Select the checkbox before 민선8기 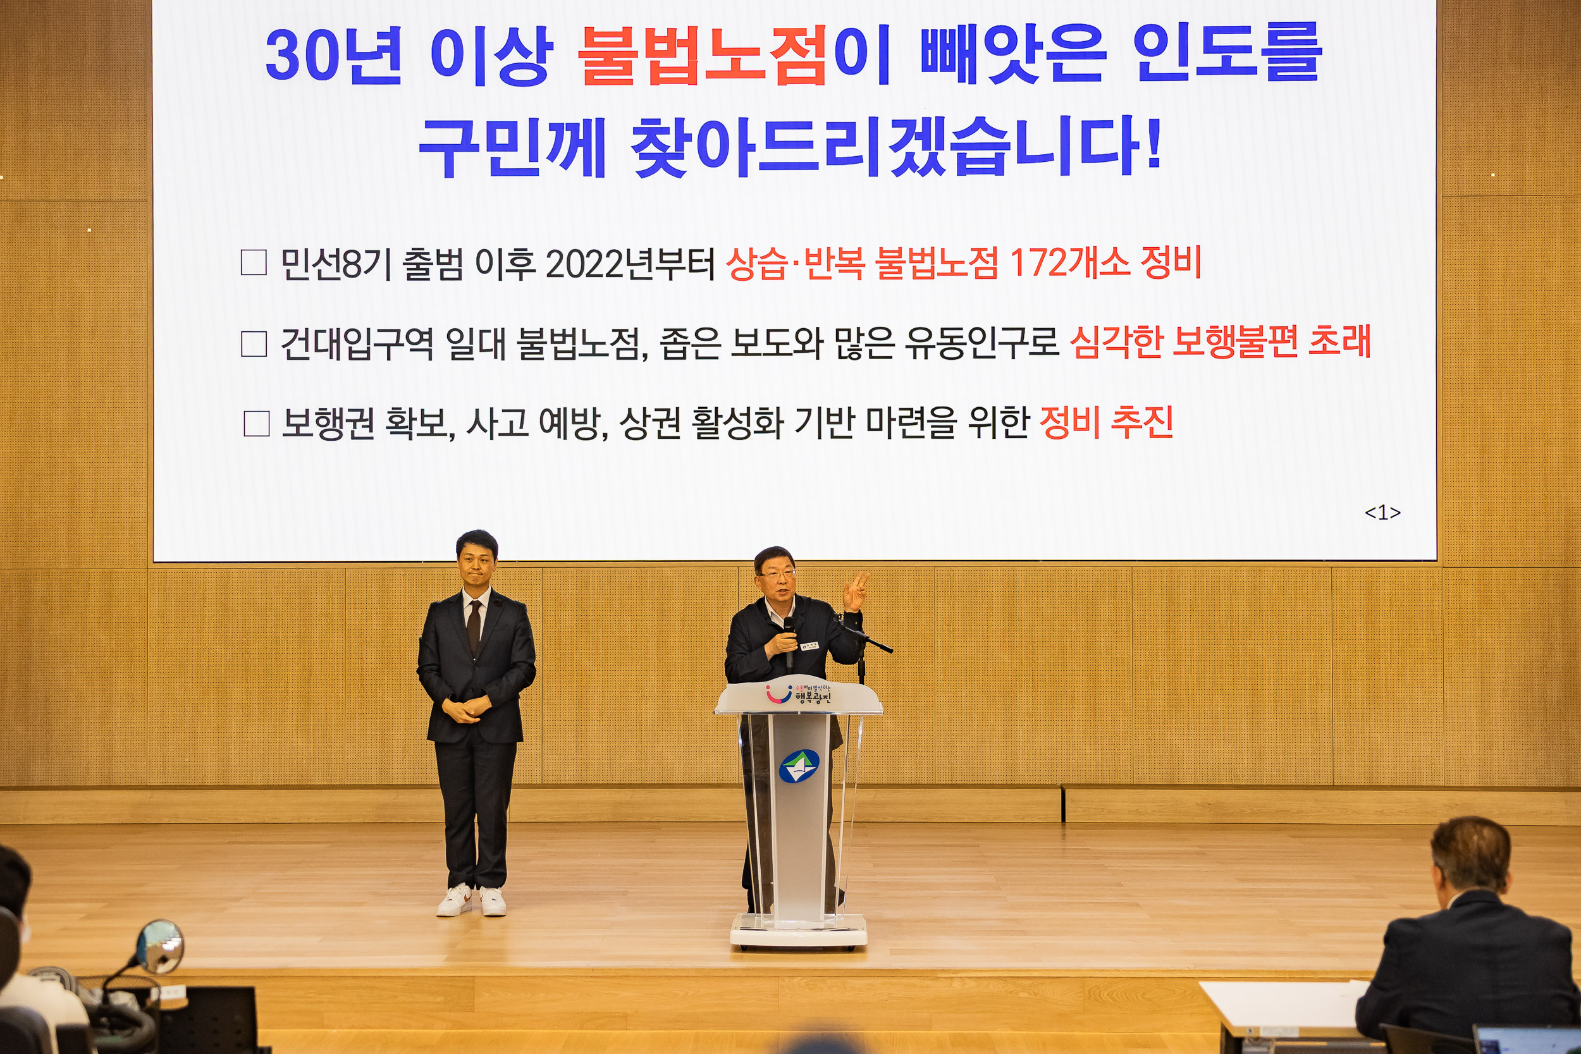pyautogui.click(x=254, y=262)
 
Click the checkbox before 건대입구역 pyautogui.click(x=254, y=343)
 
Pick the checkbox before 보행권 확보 pyautogui.click(x=256, y=424)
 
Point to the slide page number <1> pyautogui.click(x=1382, y=513)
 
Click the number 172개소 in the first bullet pyautogui.click(x=1069, y=262)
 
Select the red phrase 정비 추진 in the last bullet pyautogui.click(x=1106, y=422)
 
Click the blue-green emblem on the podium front pyautogui.click(x=799, y=766)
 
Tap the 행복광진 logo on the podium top pyautogui.click(x=800, y=694)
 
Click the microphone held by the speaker pyautogui.click(x=789, y=629)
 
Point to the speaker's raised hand pyautogui.click(x=856, y=590)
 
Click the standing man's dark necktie pyautogui.click(x=474, y=625)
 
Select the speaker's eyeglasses pyautogui.click(x=778, y=575)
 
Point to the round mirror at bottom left pyautogui.click(x=159, y=947)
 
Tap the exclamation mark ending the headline pyautogui.click(x=1154, y=143)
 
